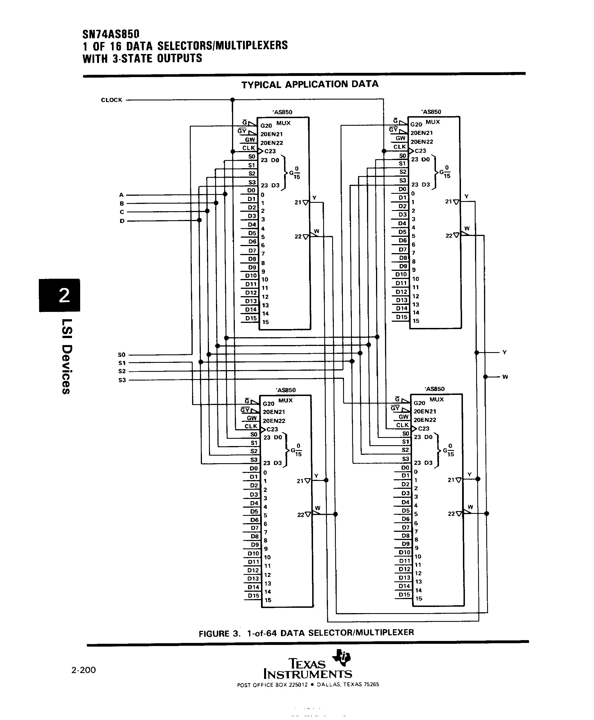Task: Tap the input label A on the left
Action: [x=121, y=195]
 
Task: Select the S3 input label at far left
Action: [x=122, y=380]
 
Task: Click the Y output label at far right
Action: [x=504, y=352]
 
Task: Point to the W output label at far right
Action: [x=505, y=377]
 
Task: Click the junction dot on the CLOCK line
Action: [x=232, y=100]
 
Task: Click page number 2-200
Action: [x=84, y=670]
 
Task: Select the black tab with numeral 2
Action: [x=60, y=295]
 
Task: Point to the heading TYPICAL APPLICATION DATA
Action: [x=310, y=84]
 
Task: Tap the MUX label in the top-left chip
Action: [x=284, y=123]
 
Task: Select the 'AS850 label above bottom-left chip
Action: [x=285, y=390]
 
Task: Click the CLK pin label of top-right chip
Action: [x=399, y=147]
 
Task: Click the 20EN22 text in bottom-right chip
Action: [x=425, y=420]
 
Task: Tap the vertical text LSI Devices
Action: [x=66, y=356]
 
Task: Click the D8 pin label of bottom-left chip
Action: [x=255, y=536]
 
